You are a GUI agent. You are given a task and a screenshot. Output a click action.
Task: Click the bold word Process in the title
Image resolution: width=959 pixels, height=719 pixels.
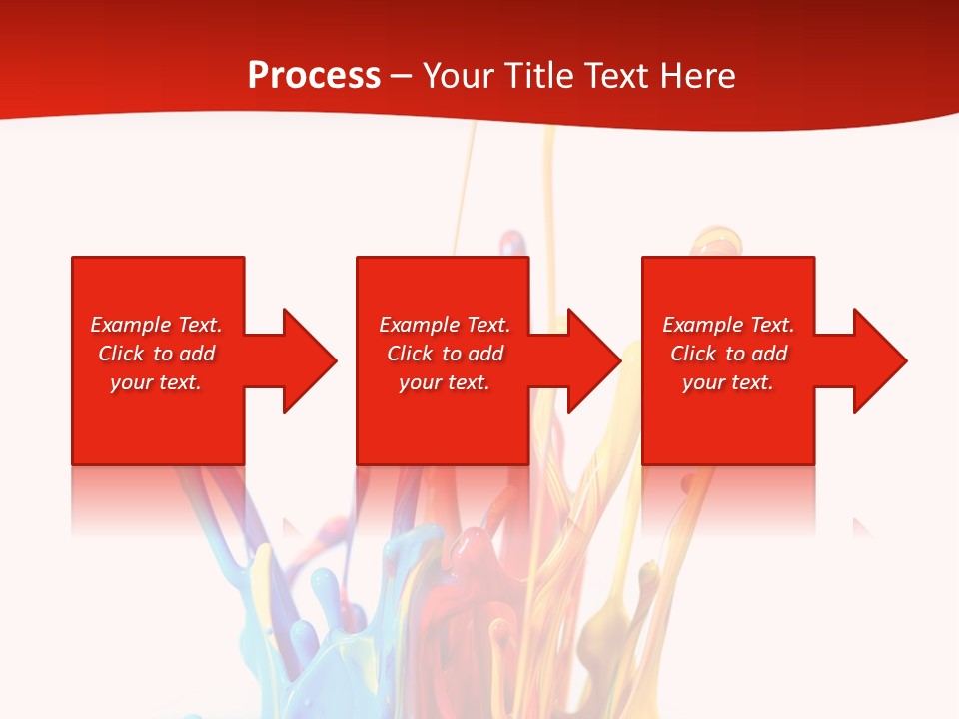(314, 76)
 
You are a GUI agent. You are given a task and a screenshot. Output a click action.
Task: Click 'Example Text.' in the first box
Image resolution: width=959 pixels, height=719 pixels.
(156, 325)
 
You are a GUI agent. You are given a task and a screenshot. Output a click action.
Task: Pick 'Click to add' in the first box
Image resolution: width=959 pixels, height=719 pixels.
(156, 354)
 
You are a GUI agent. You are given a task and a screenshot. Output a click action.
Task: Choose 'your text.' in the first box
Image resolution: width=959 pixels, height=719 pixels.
(156, 382)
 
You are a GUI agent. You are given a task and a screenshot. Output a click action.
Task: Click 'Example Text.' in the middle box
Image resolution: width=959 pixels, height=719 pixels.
(445, 325)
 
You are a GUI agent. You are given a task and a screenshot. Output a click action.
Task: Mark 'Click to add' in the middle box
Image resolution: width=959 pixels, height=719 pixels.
(445, 354)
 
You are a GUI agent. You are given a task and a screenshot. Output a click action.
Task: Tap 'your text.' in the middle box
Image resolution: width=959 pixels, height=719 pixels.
(445, 382)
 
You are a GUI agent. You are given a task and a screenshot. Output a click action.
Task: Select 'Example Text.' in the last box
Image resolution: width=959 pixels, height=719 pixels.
(728, 325)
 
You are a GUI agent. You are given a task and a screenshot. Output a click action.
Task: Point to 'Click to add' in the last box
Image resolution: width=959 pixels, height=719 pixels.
(728, 354)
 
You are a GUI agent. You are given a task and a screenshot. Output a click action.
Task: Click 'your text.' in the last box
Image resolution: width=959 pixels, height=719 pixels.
(728, 382)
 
